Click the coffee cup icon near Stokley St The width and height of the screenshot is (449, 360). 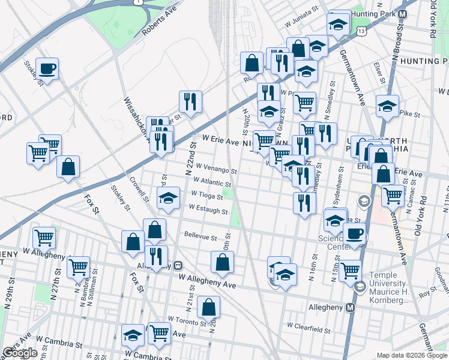click(46, 69)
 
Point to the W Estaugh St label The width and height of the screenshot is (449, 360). click(208, 209)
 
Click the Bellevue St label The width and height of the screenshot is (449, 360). click(200, 236)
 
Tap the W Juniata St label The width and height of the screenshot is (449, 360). click(302, 22)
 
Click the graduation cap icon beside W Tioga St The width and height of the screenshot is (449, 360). click(169, 197)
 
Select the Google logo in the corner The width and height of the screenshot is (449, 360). click(20, 353)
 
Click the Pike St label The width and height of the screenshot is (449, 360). click(409, 112)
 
